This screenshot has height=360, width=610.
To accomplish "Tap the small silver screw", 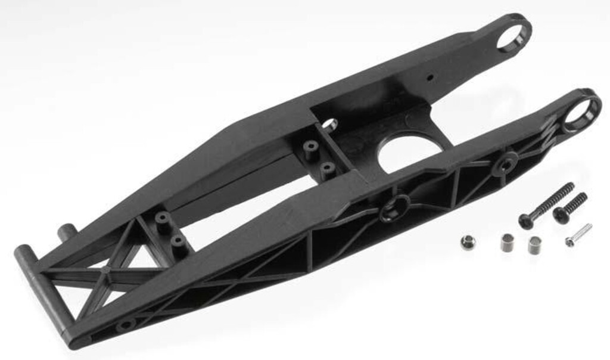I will click(578, 234).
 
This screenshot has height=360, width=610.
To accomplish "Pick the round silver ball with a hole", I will click(468, 242).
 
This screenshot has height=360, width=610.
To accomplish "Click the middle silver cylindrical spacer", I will click(508, 243).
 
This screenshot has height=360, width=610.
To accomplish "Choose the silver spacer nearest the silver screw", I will click(534, 245).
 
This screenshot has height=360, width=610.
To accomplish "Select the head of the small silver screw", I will click(569, 241).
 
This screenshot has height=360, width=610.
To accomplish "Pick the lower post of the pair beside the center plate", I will click(326, 169).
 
